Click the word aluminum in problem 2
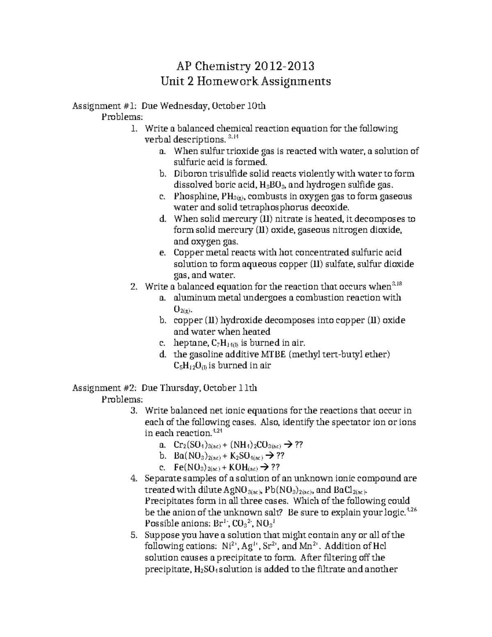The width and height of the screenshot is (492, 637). (x=195, y=297)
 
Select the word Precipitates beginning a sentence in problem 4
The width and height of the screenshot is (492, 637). (x=171, y=501)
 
